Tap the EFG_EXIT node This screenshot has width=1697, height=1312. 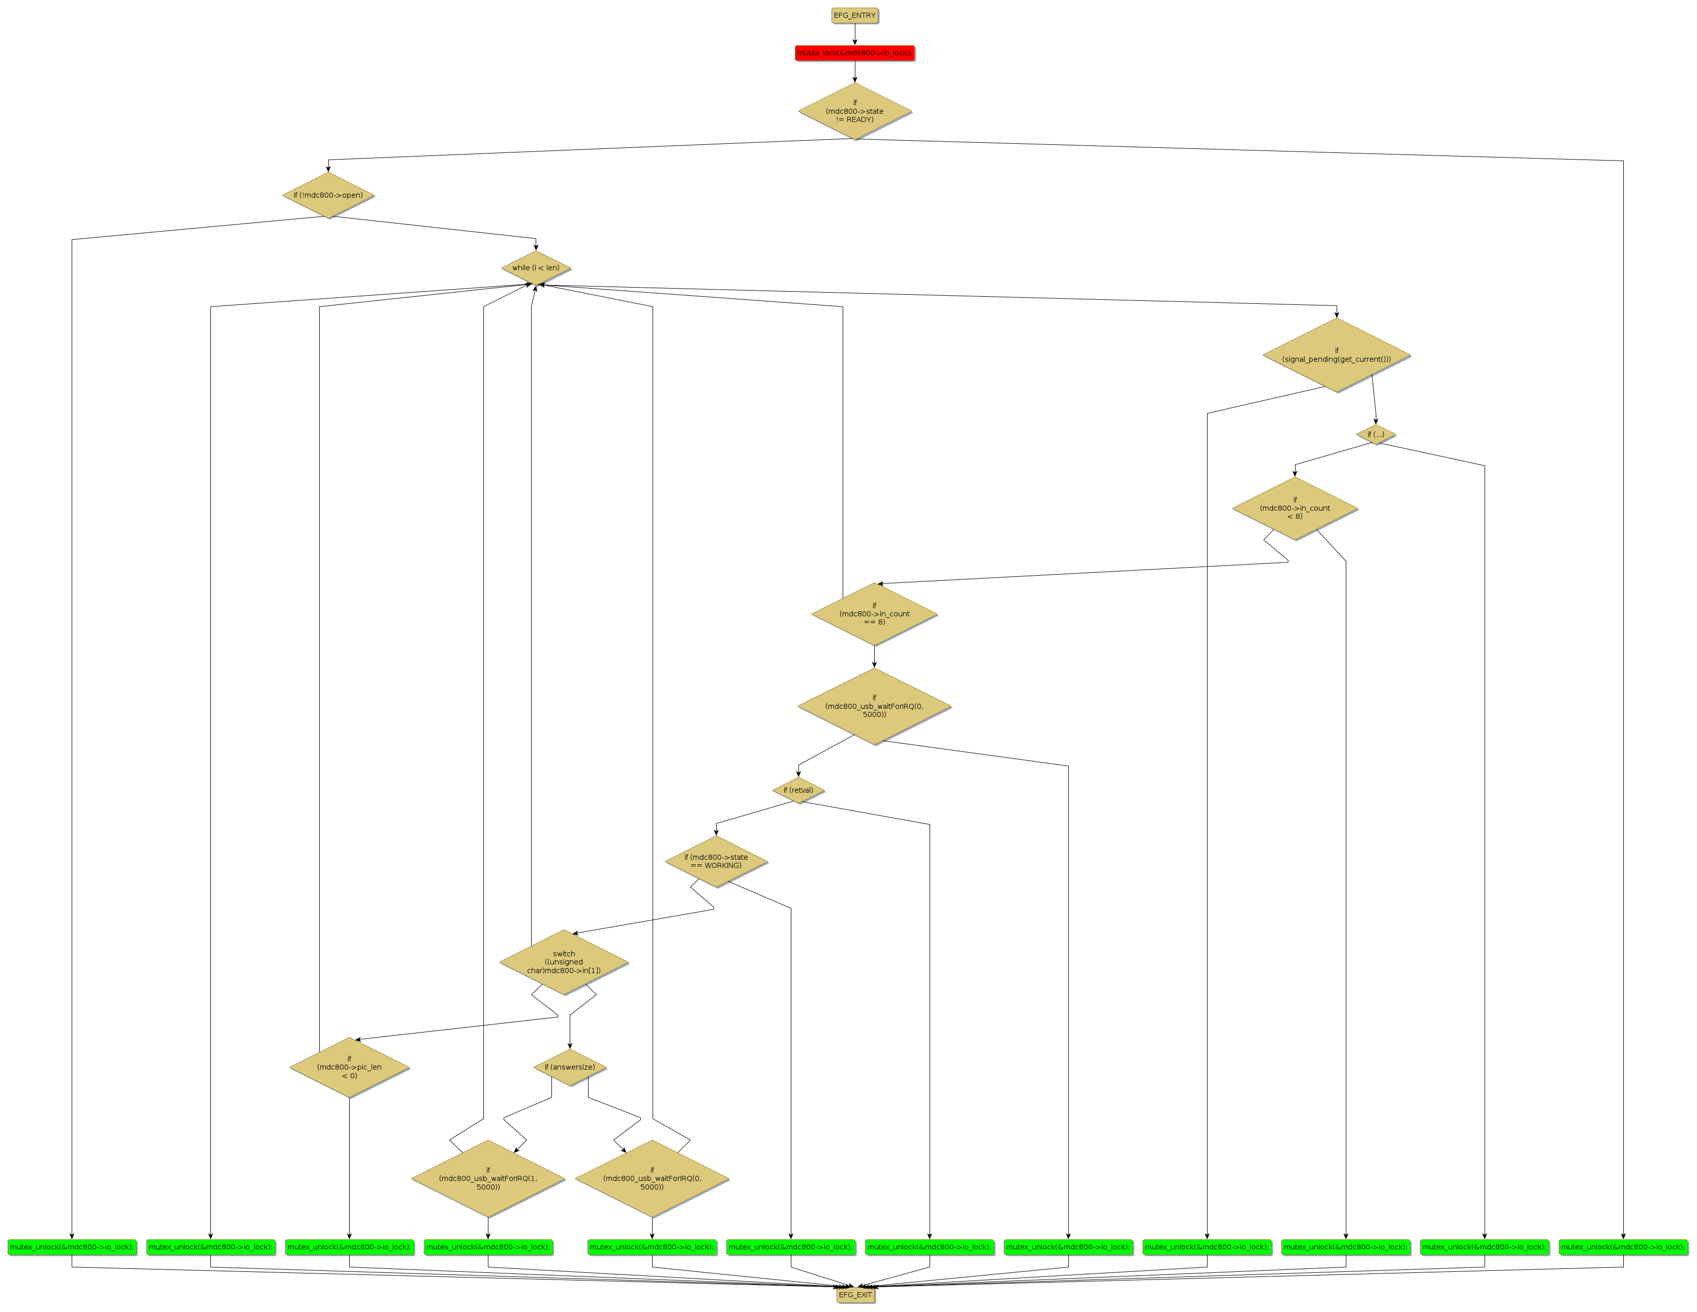855,1295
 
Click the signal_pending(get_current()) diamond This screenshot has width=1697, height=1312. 1337,355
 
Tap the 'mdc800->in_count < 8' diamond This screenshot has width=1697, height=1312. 1294,508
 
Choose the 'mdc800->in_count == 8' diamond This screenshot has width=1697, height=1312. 874,614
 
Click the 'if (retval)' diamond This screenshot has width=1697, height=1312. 798,790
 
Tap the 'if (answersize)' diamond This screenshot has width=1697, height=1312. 570,1067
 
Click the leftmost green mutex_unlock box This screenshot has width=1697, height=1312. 72,1247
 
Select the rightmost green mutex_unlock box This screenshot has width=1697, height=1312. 1623,1247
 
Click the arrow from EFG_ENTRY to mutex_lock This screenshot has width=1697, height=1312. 855,34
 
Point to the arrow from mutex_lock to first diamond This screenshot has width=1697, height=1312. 855,72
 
